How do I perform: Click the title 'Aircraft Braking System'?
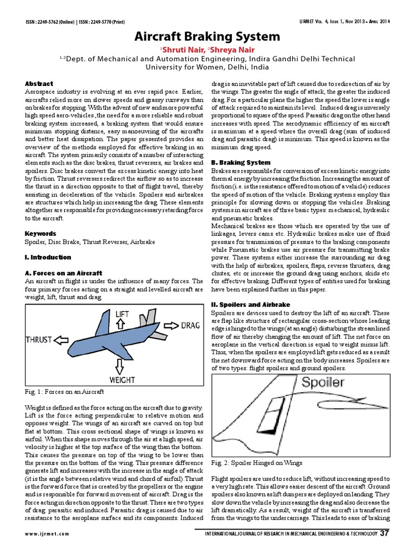(x=207, y=37)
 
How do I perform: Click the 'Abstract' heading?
(x=39, y=84)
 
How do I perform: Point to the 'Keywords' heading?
(x=41, y=234)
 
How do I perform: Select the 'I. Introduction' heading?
(x=48, y=258)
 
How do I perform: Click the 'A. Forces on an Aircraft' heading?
(x=63, y=273)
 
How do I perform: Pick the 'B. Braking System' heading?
(x=240, y=162)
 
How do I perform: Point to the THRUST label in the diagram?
(x=39, y=340)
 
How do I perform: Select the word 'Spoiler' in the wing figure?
(x=323, y=382)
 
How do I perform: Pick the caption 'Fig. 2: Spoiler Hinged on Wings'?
(x=257, y=463)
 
